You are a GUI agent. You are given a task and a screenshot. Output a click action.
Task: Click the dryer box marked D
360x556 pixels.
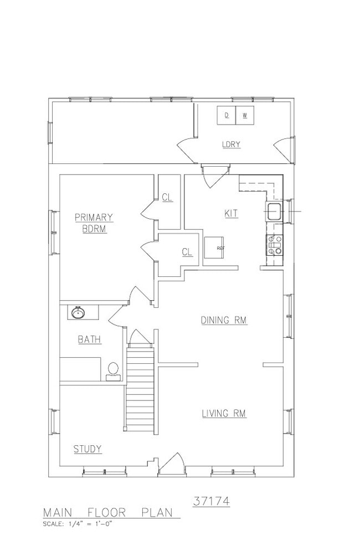coord(227,115)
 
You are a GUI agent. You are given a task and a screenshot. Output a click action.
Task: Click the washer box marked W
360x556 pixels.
coord(245,115)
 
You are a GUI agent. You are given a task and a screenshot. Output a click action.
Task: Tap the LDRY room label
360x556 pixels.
coord(232,145)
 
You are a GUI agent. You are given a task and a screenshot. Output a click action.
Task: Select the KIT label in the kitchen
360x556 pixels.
coord(232,213)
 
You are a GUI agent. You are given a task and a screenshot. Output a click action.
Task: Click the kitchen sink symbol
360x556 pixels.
coord(274,212)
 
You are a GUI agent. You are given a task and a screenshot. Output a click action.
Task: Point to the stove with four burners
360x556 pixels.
coord(275,245)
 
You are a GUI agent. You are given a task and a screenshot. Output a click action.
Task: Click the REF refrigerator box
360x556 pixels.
coord(214,248)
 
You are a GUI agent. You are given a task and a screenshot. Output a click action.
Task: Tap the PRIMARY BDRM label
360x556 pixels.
coord(94,223)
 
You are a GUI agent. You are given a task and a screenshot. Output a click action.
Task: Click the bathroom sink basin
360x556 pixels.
coord(78,313)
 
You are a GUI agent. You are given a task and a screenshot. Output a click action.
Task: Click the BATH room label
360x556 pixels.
coord(89,339)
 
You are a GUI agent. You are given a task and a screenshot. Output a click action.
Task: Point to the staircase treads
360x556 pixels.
coord(140,390)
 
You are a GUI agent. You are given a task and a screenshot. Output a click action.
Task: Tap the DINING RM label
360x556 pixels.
coord(224,320)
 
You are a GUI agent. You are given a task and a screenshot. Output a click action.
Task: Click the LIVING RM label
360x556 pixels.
coord(224,414)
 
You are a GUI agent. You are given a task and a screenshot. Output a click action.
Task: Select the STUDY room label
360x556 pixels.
coord(88,449)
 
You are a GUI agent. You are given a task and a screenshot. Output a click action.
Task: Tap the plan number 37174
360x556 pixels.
coord(212,502)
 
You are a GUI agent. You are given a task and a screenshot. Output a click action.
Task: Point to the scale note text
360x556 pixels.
coord(78,524)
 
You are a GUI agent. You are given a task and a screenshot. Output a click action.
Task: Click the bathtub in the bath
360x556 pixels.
coord(80,369)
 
